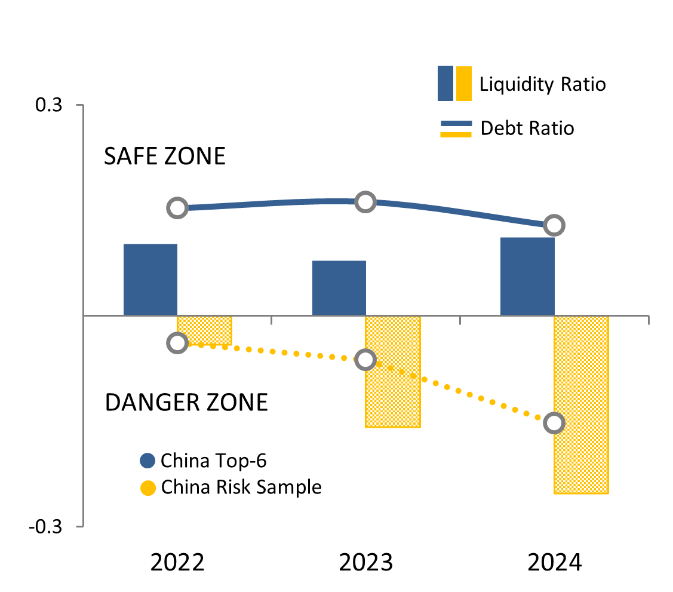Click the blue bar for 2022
(x=150, y=279)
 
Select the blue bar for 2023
(x=339, y=287)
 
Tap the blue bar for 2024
(x=527, y=276)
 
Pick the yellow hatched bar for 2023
(x=393, y=371)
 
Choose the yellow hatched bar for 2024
(x=581, y=404)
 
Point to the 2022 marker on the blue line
(x=177, y=208)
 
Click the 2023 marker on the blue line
(x=365, y=203)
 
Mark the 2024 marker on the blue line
(x=554, y=225)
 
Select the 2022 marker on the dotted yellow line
(x=177, y=343)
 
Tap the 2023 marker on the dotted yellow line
(x=365, y=360)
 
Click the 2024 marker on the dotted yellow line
(x=554, y=423)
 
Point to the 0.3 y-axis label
(x=48, y=105)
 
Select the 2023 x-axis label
(x=365, y=563)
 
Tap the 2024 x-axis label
(x=554, y=563)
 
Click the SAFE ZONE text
(x=165, y=157)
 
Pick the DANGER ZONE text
(x=186, y=403)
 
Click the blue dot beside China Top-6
(x=147, y=461)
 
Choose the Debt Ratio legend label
(x=527, y=128)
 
